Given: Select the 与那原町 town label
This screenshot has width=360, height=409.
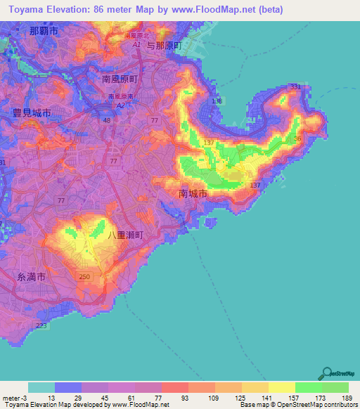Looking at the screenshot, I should coord(163,45).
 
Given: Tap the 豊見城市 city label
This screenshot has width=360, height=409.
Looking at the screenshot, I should coord(32,112).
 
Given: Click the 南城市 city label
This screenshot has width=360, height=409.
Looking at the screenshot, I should coord(193,192).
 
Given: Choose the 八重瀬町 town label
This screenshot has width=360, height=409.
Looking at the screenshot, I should coord(125,236).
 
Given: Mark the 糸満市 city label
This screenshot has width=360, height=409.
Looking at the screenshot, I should coord(32,278).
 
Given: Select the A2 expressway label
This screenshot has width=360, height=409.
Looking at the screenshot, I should coord(120,105).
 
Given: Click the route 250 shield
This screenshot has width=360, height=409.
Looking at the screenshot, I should coord(85,278).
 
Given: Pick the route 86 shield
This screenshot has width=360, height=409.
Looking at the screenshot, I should coord(297,138).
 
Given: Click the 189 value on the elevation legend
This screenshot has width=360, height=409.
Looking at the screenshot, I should coord(347,397).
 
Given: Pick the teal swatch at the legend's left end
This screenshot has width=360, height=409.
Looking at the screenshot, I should coord(41,387).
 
